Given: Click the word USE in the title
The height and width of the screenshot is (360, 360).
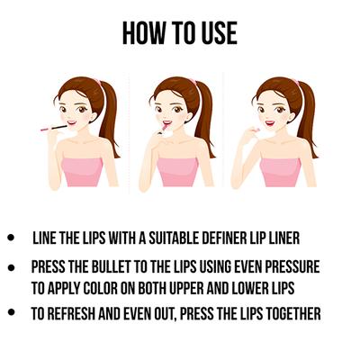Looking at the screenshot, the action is pos(219,33).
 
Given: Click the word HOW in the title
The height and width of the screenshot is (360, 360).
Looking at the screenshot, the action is pos(144,33).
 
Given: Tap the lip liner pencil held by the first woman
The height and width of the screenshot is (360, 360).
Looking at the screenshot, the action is pos(54,128).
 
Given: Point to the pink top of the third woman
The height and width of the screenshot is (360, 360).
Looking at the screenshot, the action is pos(281,172).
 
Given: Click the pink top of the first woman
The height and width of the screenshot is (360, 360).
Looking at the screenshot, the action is pos(83,172).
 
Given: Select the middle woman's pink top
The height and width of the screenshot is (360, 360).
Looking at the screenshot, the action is pos(177,172).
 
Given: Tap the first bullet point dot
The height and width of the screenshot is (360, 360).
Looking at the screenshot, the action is pos(11,238).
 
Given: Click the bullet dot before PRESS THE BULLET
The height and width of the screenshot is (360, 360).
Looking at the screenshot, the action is pos(11,267).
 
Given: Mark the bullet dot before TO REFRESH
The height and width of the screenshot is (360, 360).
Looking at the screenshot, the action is pos(11,312).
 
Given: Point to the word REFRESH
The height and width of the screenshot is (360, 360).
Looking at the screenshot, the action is pos(71,314).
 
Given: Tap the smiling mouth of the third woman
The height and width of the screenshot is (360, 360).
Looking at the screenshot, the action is pos(270,123).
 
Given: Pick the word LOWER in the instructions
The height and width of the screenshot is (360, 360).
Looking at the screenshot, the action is pos(249,288).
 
